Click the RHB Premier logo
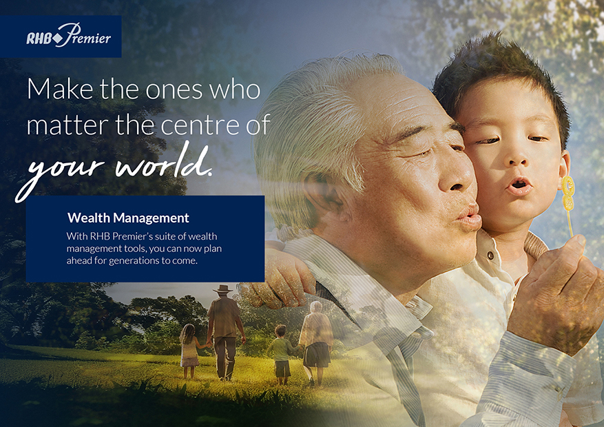pos(69,35)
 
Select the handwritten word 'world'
pos(164,162)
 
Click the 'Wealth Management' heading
pos(128,218)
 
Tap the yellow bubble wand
pos(567,206)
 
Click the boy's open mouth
pos(519,186)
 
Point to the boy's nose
pos(517,157)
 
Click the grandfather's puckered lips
pos(470,216)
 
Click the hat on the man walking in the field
pos(222,289)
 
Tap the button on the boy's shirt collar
pos(491,256)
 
